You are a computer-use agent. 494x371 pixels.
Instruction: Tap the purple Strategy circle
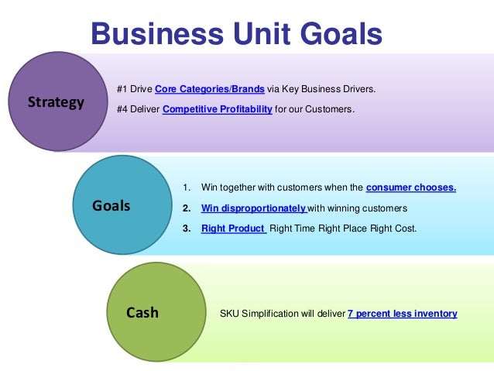[x=56, y=101]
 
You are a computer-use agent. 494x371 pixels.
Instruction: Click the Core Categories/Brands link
[x=210, y=90]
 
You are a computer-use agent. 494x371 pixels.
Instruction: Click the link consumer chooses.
[x=410, y=188]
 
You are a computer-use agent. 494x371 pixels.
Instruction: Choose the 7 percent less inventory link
[x=402, y=314]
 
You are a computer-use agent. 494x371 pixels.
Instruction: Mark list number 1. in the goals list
[x=186, y=188]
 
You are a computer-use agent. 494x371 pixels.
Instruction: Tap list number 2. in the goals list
[x=186, y=208]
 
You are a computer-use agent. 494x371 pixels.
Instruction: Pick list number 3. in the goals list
[x=186, y=228]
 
